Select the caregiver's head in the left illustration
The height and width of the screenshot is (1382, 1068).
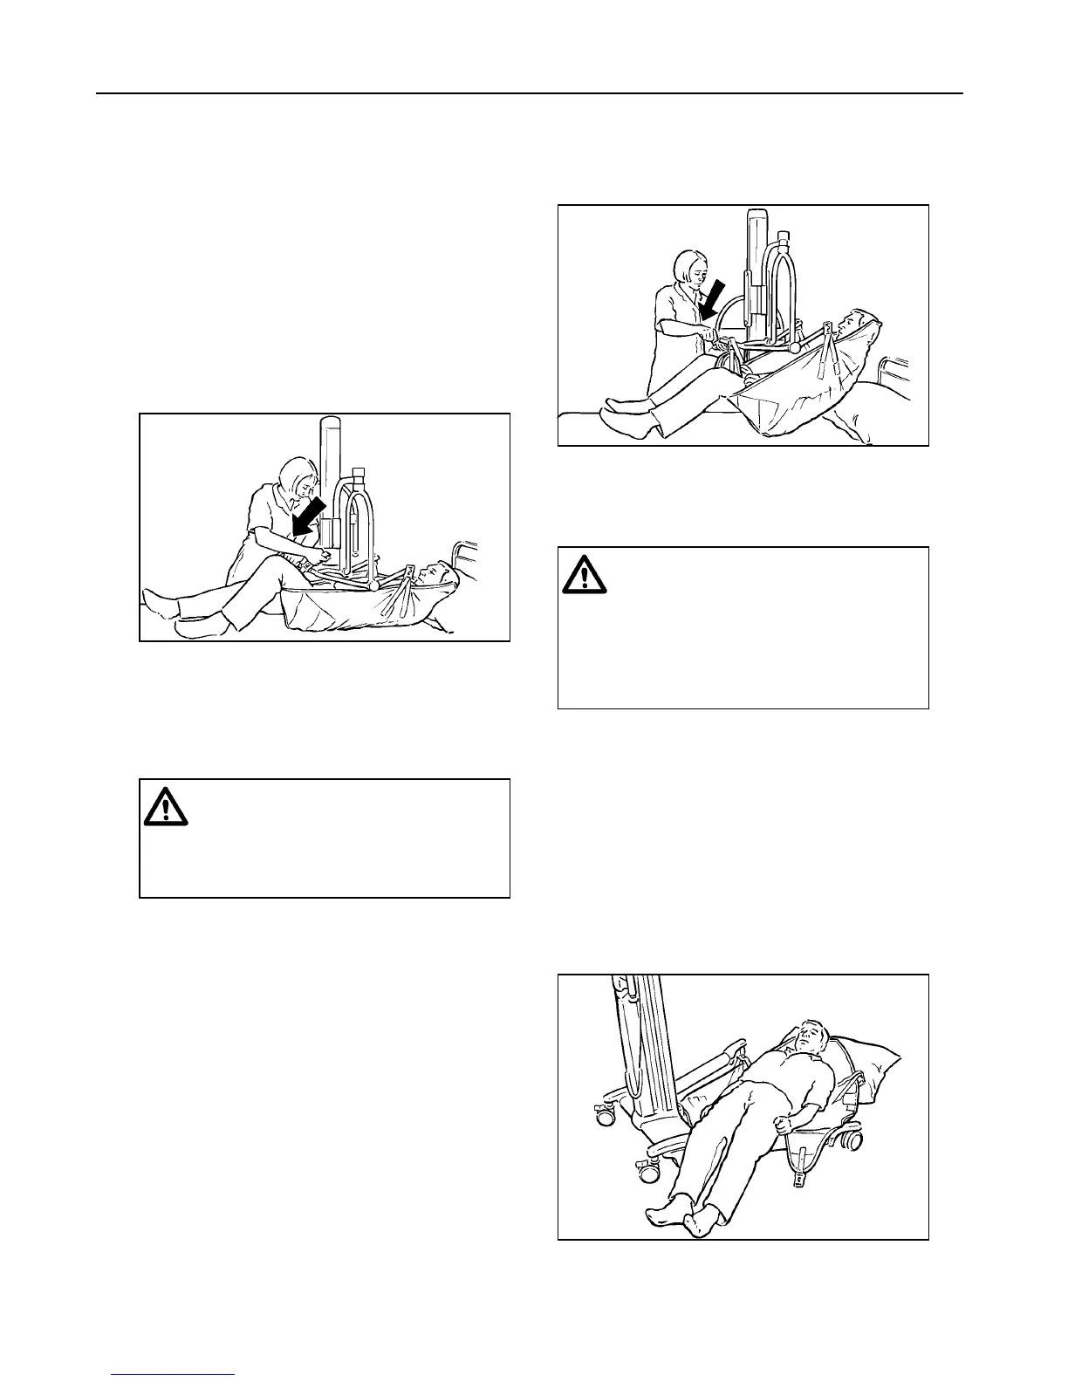[295, 480]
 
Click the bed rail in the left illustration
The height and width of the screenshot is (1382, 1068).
[465, 558]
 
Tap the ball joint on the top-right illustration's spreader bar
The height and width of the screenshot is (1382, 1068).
[794, 346]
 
